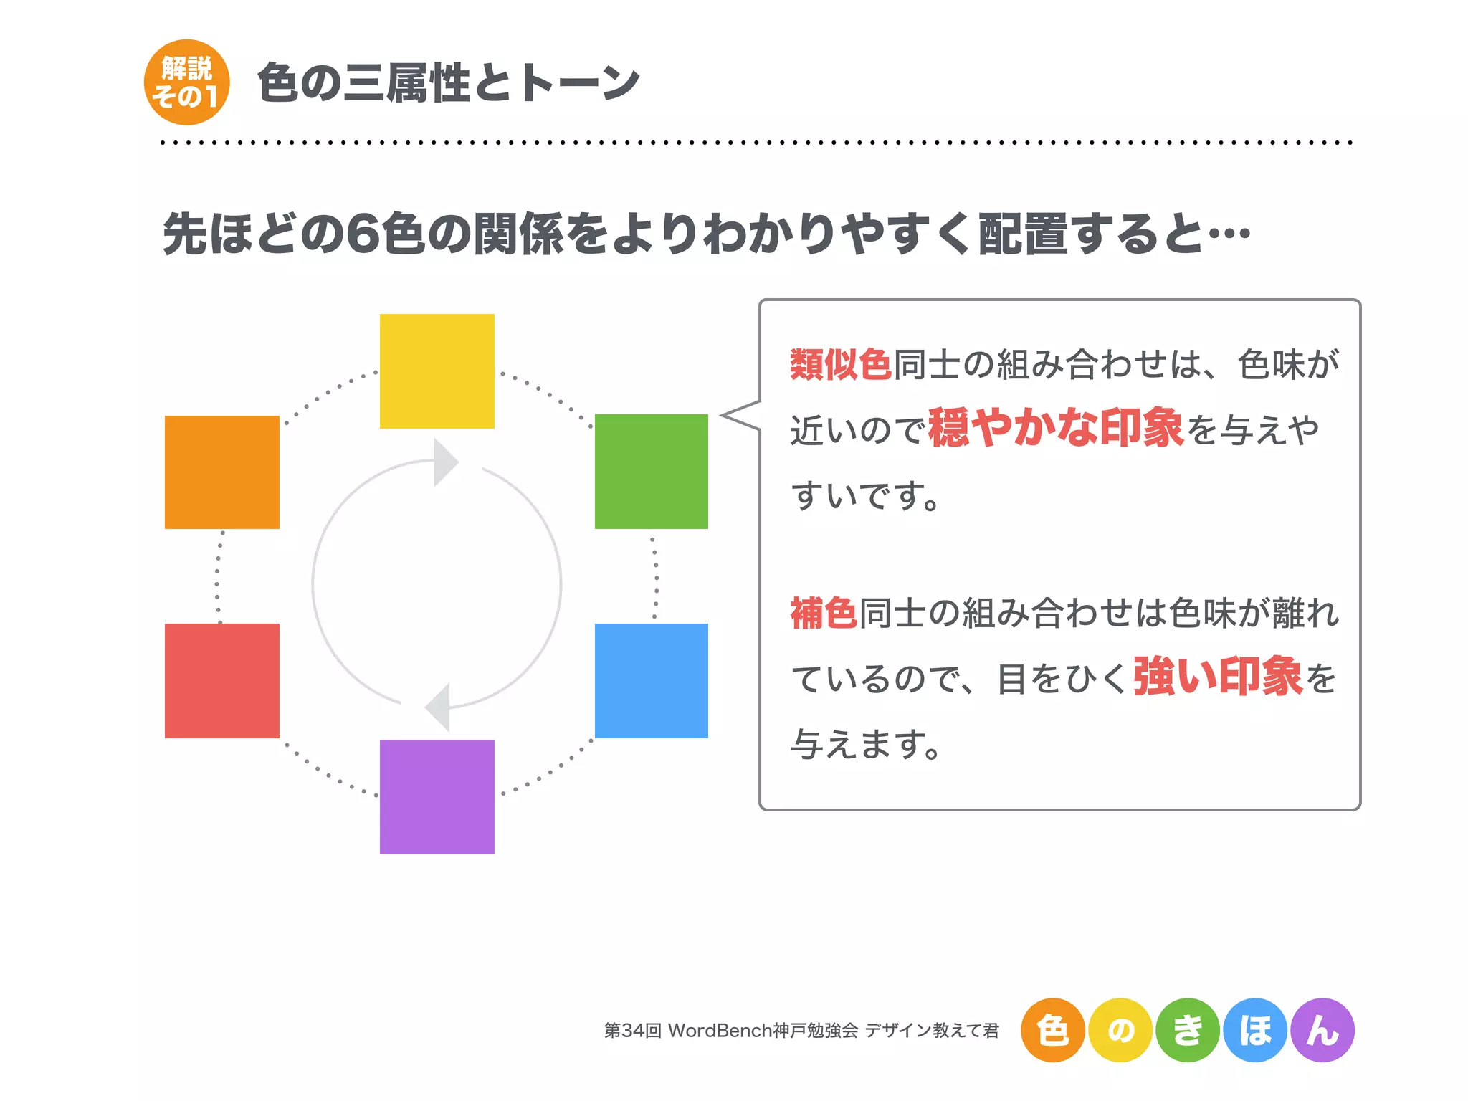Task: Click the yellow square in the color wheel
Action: tap(437, 371)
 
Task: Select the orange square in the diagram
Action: tap(221, 472)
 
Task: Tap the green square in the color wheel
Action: tap(651, 471)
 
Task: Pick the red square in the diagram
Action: tap(221, 680)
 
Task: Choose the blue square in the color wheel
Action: tap(651, 680)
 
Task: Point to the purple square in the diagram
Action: tap(437, 796)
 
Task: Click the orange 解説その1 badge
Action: tap(186, 82)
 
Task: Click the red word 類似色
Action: tap(840, 364)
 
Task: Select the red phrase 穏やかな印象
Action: tap(1055, 428)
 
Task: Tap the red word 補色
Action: tap(824, 614)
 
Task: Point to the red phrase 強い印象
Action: tap(1217, 676)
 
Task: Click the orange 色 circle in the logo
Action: tap(1052, 1030)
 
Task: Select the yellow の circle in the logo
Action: tap(1120, 1030)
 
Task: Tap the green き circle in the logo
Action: tap(1187, 1030)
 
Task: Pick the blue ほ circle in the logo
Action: tap(1254, 1030)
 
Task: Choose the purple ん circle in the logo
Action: tap(1322, 1030)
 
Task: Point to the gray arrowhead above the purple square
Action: tap(439, 707)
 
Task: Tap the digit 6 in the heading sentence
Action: tap(363, 234)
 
